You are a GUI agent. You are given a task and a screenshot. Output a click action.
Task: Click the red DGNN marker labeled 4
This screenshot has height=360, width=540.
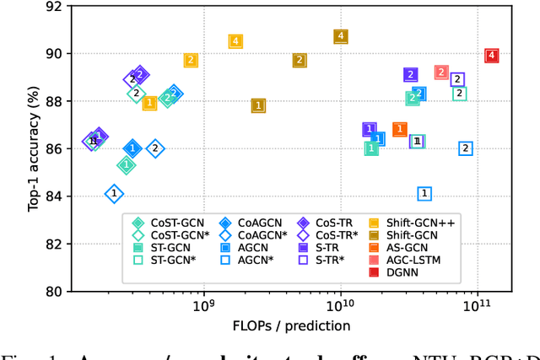pyautogui.click(x=492, y=56)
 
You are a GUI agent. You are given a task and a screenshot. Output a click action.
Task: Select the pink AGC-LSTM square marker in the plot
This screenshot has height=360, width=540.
pyautogui.click(x=441, y=73)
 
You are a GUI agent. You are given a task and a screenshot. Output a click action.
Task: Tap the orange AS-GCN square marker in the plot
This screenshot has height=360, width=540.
pyautogui.click(x=400, y=129)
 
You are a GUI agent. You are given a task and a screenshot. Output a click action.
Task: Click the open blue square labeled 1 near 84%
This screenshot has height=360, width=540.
pyautogui.click(x=424, y=194)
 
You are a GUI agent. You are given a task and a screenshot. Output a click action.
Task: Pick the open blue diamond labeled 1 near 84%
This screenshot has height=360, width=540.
pyautogui.click(x=114, y=194)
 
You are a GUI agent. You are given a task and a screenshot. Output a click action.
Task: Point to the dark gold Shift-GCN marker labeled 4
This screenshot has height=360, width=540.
pyautogui.click(x=340, y=36)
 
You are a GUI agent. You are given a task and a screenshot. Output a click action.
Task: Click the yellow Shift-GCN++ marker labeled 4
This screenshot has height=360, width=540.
pyautogui.click(x=235, y=41)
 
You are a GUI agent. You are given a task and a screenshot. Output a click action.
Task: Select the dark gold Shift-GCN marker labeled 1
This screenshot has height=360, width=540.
pyautogui.click(x=258, y=105)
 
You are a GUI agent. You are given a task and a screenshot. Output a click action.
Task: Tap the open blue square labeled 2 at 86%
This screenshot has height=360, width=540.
pyautogui.click(x=465, y=148)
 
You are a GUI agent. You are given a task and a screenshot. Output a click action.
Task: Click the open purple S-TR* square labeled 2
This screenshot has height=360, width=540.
pyautogui.click(x=457, y=79)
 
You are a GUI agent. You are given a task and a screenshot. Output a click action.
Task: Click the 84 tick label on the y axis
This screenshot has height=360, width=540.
pyautogui.click(x=53, y=196)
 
